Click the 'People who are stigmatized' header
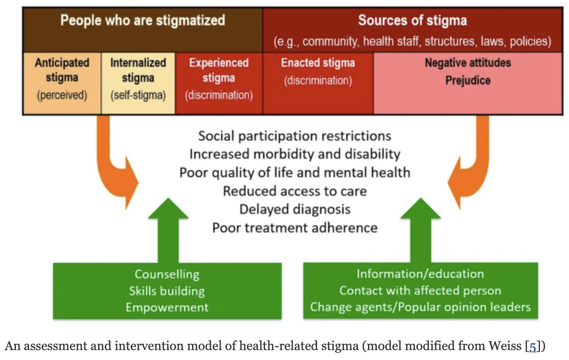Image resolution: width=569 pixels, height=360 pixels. [143, 21]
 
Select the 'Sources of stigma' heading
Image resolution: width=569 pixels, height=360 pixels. [412, 21]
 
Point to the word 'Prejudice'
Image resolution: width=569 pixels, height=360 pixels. [468, 80]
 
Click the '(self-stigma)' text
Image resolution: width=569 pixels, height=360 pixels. [138, 95]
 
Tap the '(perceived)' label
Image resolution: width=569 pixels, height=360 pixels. [62, 95]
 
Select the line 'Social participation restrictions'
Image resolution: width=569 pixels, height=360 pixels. [294, 136]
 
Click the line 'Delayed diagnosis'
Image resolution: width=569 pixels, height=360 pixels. [294, 209]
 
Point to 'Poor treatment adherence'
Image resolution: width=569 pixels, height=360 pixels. [294, 228]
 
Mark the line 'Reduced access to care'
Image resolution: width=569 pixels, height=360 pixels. [294, 191]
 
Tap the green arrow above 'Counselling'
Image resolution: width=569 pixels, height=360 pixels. [168, 230]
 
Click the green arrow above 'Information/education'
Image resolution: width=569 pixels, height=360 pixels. [420, 230]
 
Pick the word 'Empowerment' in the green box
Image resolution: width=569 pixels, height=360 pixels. [167, 307]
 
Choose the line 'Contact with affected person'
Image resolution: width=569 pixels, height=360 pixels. [420, 291]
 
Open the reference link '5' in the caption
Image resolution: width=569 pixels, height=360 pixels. [533, 347]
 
